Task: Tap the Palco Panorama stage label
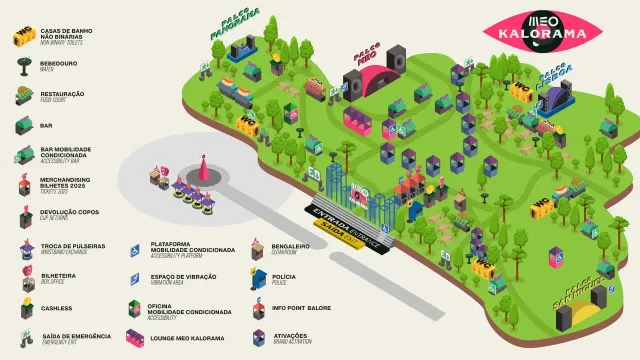click(x=235, y=24)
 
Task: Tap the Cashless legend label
click(x=56, y=309)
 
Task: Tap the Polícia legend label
click(x=284, y=277)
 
